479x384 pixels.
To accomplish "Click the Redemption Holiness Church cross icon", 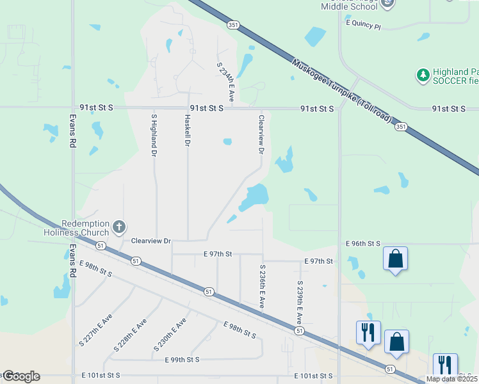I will [x=118, y=227].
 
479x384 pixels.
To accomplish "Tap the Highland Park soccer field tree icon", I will [x=423, y=76].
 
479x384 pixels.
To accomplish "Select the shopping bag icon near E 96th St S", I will [x=396, y=259].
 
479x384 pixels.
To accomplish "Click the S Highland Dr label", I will [x=154, y=135].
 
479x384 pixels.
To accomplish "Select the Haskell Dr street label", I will [x=188, y=131].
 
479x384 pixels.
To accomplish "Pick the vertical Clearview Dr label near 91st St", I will [x=261, y=134].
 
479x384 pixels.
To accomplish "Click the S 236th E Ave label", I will [x=262, y=287].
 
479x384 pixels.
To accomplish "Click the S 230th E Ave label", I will [x=170, y=333].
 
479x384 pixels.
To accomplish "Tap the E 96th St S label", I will [x=363, y=244].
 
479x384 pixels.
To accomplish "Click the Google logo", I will [x=21, y=376].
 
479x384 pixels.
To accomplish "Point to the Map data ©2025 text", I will [x=452, y=379].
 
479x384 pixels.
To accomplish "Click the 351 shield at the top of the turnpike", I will [x=232, y=24].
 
